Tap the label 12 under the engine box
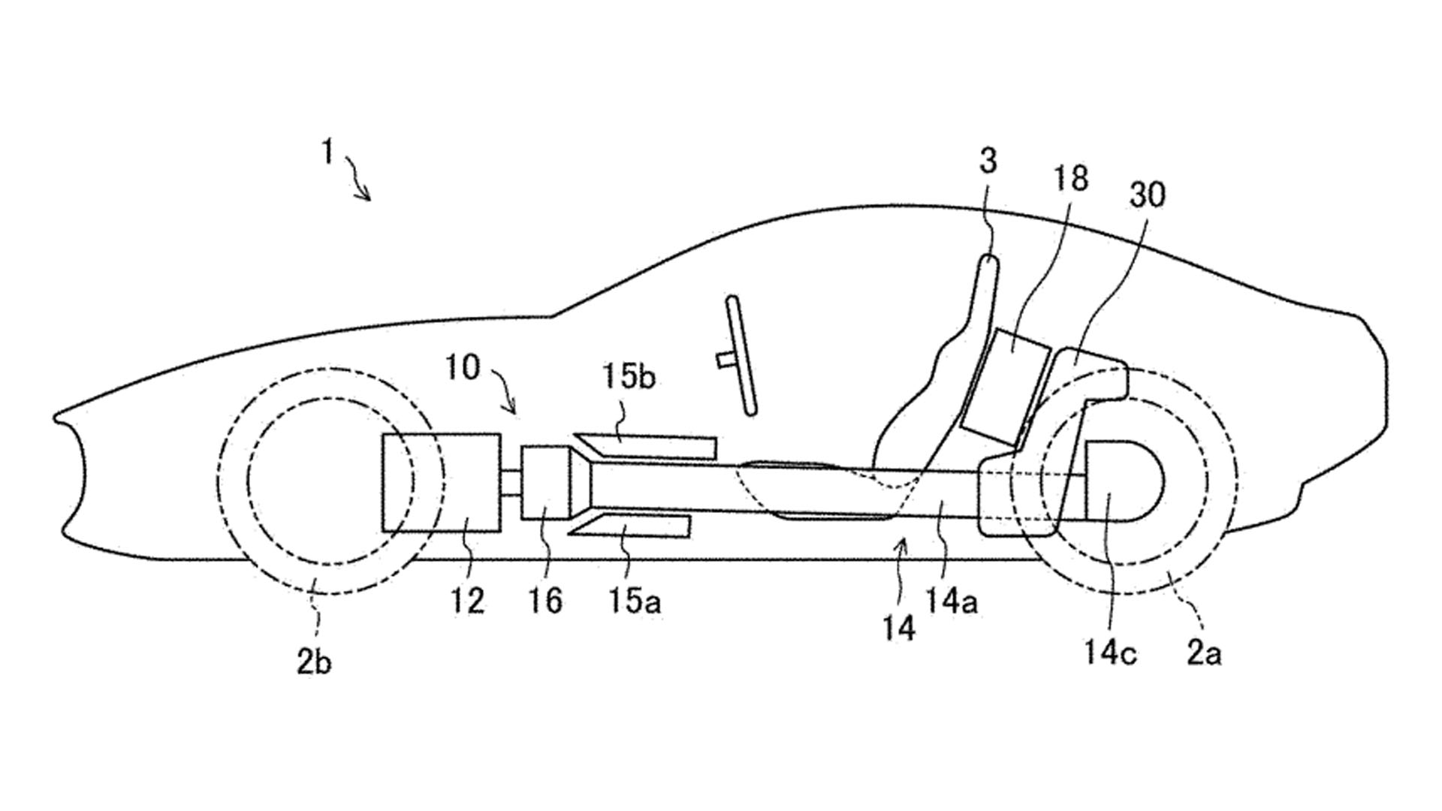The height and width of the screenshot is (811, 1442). point(467,601)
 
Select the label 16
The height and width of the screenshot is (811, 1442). point(545,601)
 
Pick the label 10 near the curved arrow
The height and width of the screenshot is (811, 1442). point(462,368)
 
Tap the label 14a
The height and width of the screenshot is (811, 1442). point(952,601)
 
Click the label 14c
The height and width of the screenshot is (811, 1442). point(1109,652)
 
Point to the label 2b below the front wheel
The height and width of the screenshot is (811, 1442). point(314,662)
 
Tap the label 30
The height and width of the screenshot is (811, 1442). point(1147,195)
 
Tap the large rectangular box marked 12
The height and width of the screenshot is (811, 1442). point(442,482)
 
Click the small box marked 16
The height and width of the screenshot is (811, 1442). point(546,482)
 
